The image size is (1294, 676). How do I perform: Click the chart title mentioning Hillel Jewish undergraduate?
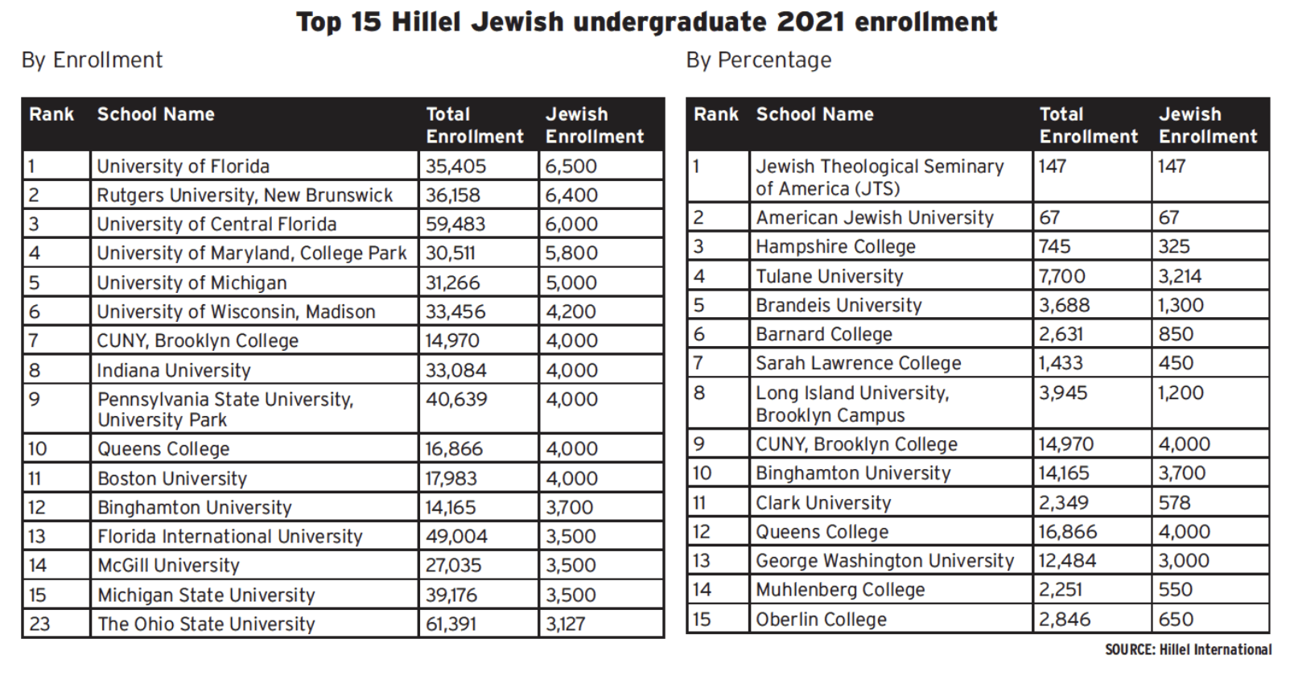point(646,22)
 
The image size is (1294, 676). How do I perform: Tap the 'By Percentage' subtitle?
point(758,60)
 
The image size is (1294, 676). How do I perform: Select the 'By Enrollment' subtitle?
point(92,60)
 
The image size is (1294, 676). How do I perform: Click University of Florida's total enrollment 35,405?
point(455,167)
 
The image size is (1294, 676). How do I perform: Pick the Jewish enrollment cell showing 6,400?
point(571,196)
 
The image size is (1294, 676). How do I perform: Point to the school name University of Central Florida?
point(216,225)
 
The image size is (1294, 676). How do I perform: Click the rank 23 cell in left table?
point(39,624)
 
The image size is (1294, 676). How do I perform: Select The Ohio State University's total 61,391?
point(451,624)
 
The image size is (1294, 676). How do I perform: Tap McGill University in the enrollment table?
point(168,566)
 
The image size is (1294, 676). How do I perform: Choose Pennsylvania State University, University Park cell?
point(225,409)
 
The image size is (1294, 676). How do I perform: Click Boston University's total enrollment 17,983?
point(451,479)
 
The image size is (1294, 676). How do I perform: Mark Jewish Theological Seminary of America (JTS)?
point(879,177)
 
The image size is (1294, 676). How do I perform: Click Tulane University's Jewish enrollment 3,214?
point(1180,277)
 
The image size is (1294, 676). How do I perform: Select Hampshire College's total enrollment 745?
point(1054,247)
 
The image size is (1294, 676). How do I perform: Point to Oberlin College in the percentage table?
point(821,620)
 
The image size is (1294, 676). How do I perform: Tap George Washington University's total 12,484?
point(1067,561)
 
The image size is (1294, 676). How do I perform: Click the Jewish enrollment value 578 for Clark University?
point(1174,503)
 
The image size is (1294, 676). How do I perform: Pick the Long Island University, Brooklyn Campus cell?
point(851,404)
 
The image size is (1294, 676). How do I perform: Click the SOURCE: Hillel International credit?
point(1188,649)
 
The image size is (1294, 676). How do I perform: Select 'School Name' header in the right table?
point(814,115)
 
